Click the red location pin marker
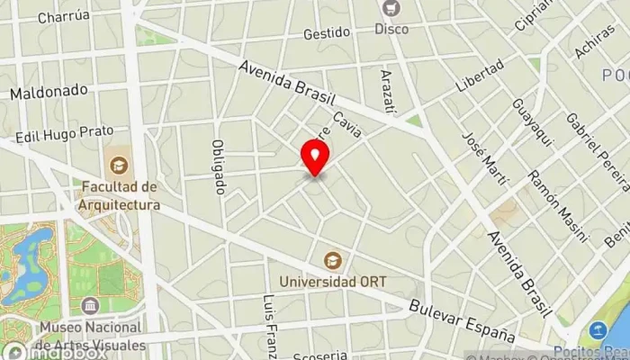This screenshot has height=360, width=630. (x=315, y=157)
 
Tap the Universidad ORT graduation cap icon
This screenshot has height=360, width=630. (x=333, y=260)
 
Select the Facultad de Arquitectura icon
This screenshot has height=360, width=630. (x=117, y=165)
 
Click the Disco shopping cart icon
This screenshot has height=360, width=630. (x=391, y=9)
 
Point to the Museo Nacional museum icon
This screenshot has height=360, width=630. (x=90, y=307)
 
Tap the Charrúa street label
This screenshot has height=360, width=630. (x=64, y=16)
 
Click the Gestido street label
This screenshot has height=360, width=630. (x=326, y=33)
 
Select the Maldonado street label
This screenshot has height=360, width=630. (x=49, y=91)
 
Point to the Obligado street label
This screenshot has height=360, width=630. (x=217, y=167)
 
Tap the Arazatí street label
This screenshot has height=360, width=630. (x=387, y=91)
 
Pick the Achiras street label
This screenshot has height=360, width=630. (x=595, y=40)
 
